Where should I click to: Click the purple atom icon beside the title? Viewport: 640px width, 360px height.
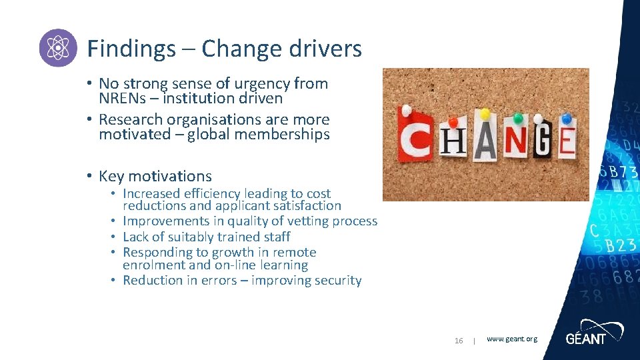[x=58, y=48]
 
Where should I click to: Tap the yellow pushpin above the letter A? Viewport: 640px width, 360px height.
[x=485, y=114]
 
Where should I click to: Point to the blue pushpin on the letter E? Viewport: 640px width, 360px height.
[x=566, y=119]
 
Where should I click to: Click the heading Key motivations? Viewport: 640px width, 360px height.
[x=155, y=177]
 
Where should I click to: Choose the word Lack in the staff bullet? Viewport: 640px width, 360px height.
[x=136, y=237]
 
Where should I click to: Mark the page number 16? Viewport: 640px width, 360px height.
[x=459, y=341]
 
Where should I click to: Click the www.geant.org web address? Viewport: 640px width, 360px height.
[x=511, y=339]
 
